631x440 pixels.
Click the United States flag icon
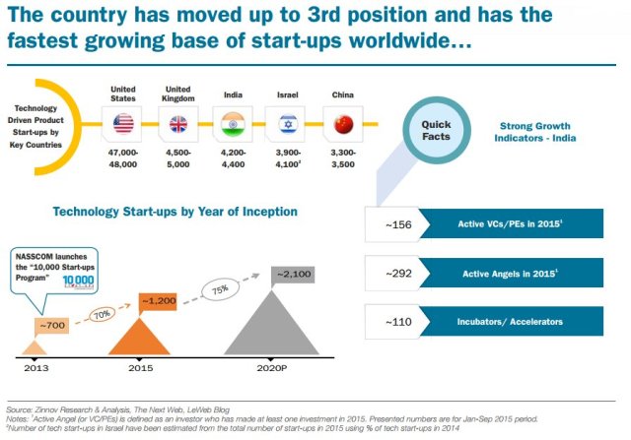[x=123, y=124]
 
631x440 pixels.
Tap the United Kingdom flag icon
[x=180, y=124]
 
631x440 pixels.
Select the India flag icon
[x=233, y=124]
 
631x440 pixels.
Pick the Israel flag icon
[x=288, y=124]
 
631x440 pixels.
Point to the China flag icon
[x=342, y=124]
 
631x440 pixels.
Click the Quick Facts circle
[x=436, y=131]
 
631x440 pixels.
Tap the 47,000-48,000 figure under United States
[x=123, y=158]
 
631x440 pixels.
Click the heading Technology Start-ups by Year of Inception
[x=174, y=212]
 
